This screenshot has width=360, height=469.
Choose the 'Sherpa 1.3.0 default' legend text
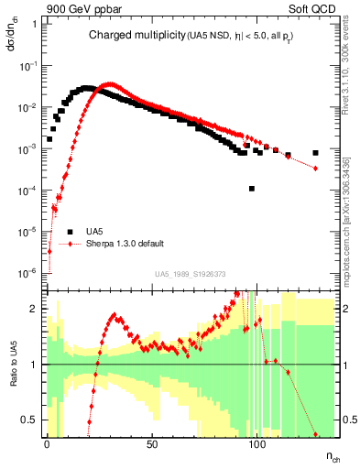click(125, 244)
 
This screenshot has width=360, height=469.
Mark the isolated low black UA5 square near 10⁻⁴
click(252, 189)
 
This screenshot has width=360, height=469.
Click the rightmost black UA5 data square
click(315, 153)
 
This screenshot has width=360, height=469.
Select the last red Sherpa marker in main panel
click(315, 169)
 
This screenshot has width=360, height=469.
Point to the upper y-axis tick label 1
click(34, 25)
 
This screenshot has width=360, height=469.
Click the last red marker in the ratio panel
click(315, 434)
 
